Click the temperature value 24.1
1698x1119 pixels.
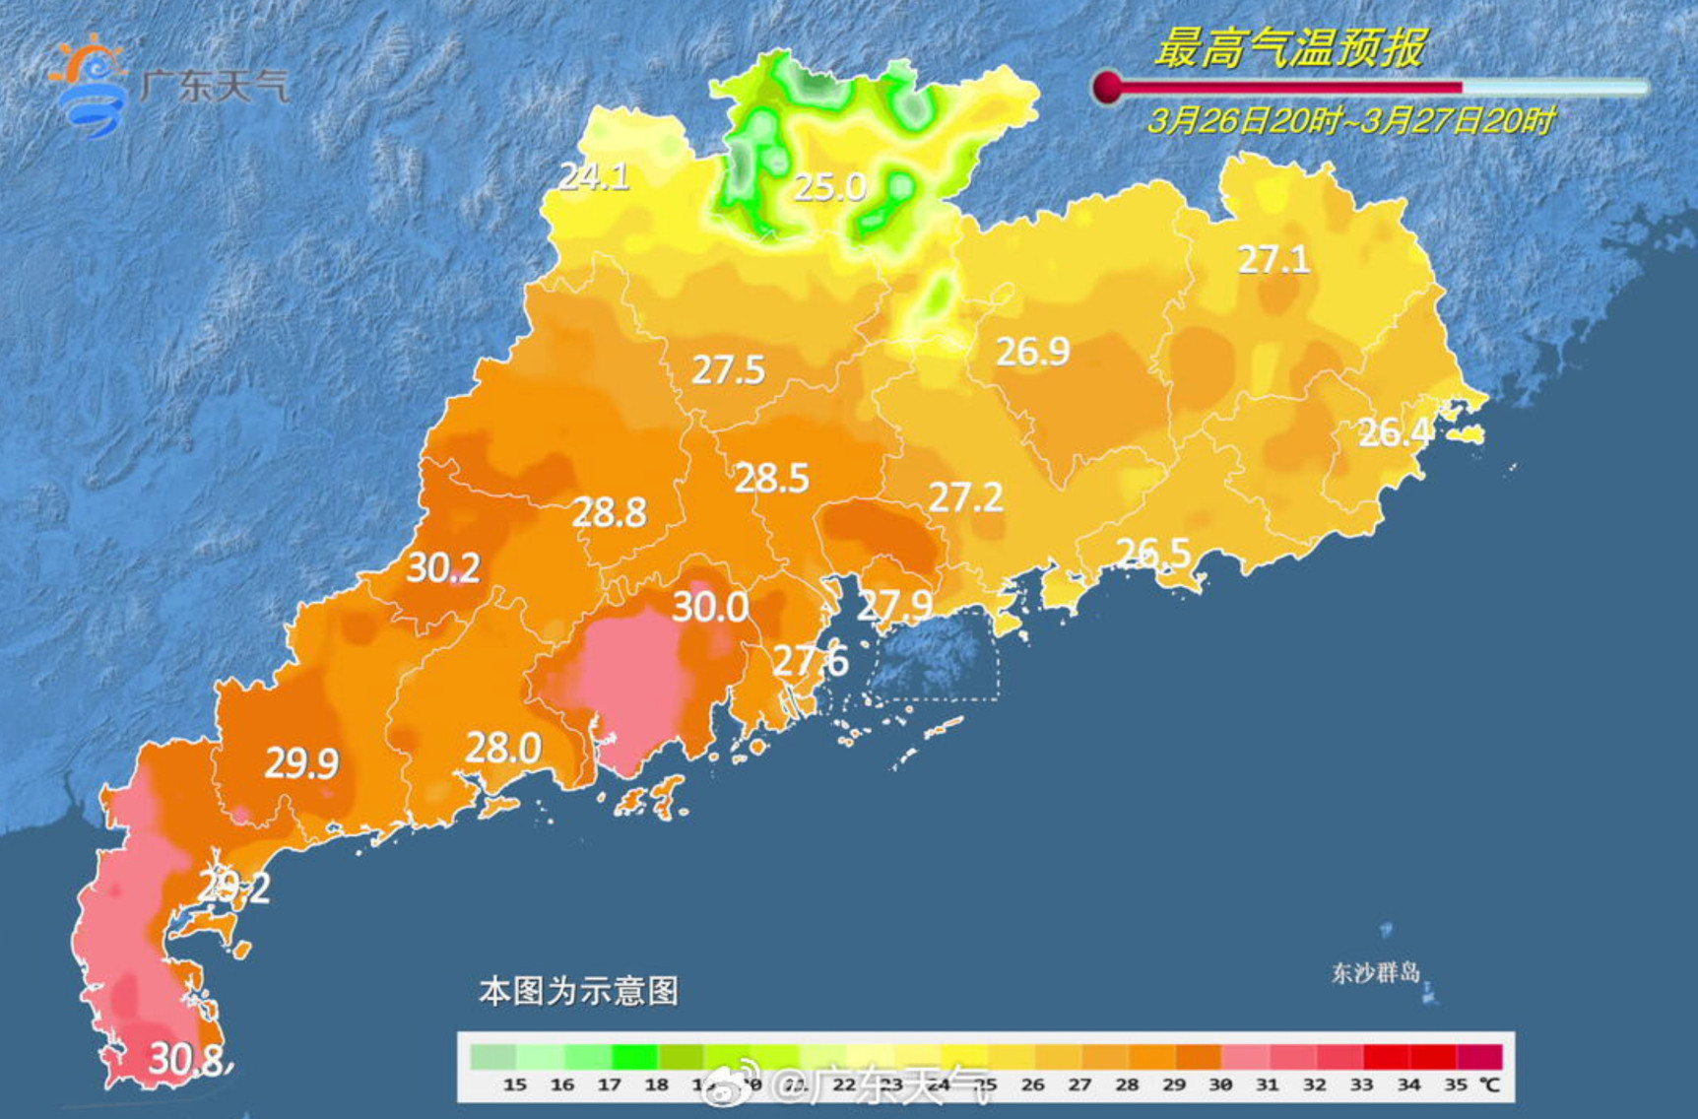click(594, 176)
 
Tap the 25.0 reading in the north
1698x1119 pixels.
click(829, 187)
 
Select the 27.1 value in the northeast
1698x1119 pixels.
click(1273, 259)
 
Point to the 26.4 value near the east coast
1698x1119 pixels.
click(1395, 432)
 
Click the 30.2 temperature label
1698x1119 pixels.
click(443, 567)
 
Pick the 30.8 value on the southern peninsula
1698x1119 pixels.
click(187, 1060)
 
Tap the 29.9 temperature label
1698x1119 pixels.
click(301, 763)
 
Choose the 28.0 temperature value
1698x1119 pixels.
click(502, 749)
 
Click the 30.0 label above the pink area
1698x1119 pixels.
click(709, 607)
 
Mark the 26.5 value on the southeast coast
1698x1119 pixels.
click(1153, 553)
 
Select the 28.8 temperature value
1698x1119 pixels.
click(610, 512)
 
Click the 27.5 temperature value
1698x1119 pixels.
click(728, 370)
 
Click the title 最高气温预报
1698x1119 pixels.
click(1289, 47)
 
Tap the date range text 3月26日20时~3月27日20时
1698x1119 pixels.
click(1350, 121)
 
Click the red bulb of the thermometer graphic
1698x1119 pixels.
click(1107, 87)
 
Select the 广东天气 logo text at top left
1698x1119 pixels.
click(214, 86)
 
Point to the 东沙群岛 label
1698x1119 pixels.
click(1375, 973)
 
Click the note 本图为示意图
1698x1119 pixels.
click(578, 991)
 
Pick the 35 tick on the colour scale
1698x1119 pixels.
click(1456, 1085)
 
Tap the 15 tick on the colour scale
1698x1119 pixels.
click(514, 1085)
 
